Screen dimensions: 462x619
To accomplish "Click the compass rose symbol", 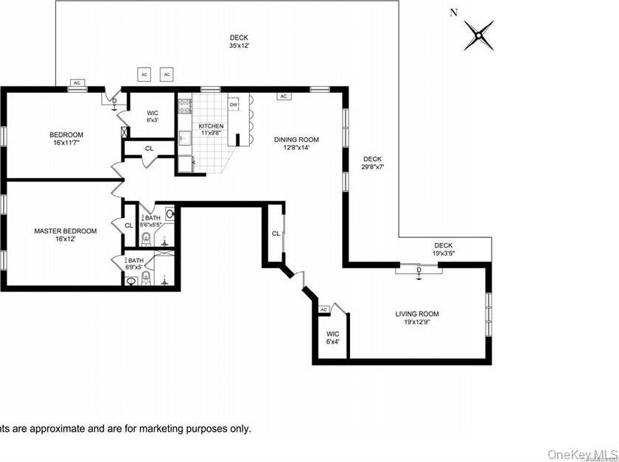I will coord(479,34).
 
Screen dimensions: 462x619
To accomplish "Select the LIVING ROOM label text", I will coord(416,318).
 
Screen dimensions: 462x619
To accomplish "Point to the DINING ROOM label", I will coord(296,143).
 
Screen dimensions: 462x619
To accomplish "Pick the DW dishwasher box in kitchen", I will coord(234,105).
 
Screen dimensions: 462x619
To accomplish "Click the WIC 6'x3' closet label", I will coord(153,117).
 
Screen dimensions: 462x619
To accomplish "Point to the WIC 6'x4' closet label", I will coord(333,338).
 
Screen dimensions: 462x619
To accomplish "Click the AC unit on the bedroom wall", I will coord(76,83).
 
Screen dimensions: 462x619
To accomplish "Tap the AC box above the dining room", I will coord(283,96).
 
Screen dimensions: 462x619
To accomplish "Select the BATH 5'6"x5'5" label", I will coord(152,221).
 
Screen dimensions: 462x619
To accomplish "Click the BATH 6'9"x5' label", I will coord(136,264).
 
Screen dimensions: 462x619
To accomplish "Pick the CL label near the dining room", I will coord(276,234).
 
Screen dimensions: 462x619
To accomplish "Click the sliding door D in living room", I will coord(419,270).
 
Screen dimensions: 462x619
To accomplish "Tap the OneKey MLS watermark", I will coord(581,454).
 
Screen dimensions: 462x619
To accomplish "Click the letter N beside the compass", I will coord(453,12).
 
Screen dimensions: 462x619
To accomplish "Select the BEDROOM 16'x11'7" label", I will coord(66,139).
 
